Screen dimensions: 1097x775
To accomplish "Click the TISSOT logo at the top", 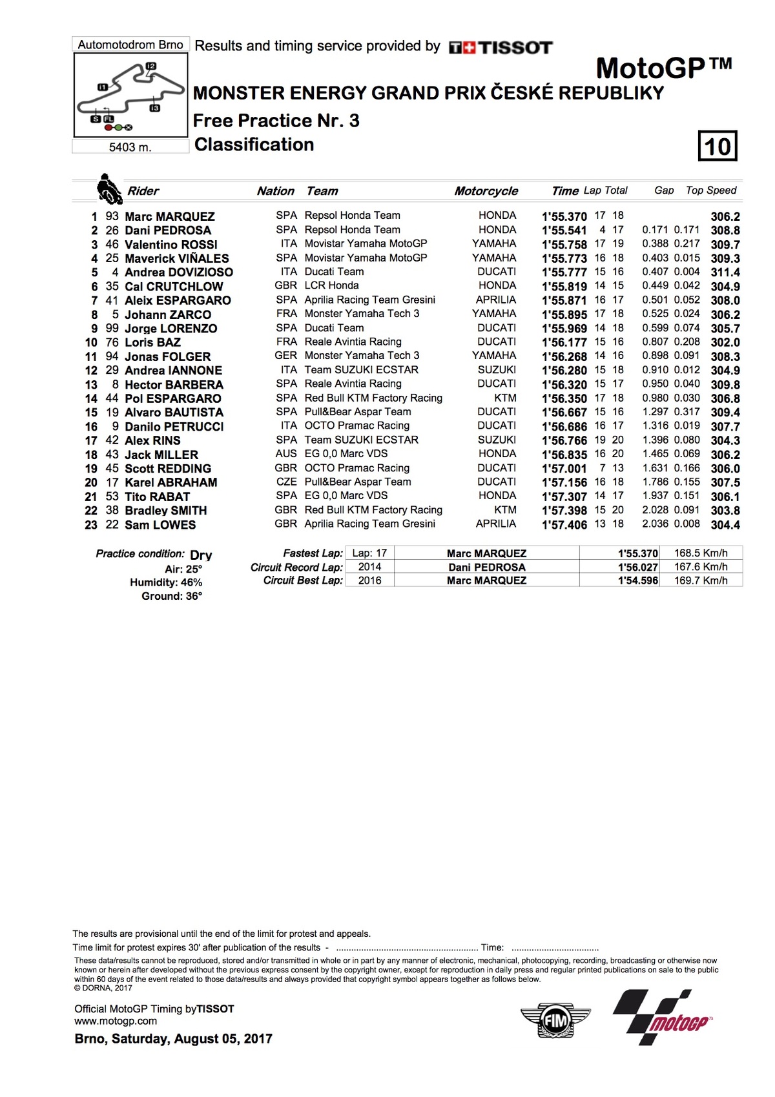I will (501, 47).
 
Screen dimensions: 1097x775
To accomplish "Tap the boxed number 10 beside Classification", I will (718, 146).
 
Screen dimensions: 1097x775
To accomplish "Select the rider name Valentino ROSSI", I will (170, 245).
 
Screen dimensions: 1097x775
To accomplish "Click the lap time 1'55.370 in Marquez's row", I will (564, 216).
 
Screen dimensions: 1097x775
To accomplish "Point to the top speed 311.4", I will (725, 272).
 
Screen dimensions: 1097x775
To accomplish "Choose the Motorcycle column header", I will (486, 191).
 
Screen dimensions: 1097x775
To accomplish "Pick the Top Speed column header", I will (710, 190).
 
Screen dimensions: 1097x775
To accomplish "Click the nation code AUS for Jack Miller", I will (286, 454).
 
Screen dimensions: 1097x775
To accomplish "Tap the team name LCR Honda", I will (331, 285).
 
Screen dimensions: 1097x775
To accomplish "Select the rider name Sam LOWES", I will (160, 525).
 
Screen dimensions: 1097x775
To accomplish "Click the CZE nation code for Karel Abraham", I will (286, 482).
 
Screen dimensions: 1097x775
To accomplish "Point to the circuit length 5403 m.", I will (130, 147).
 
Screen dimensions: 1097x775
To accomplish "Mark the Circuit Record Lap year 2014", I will (369, 567).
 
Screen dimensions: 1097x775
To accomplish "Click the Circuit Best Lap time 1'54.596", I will (637, 580).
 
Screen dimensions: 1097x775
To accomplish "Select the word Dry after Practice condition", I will (201, 555).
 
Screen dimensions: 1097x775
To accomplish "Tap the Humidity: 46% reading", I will (166, 582).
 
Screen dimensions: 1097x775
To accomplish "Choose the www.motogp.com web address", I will (116, 1021).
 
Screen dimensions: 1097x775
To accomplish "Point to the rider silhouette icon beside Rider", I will (108, 189).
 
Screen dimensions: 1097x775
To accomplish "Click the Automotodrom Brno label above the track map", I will (130, 45).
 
